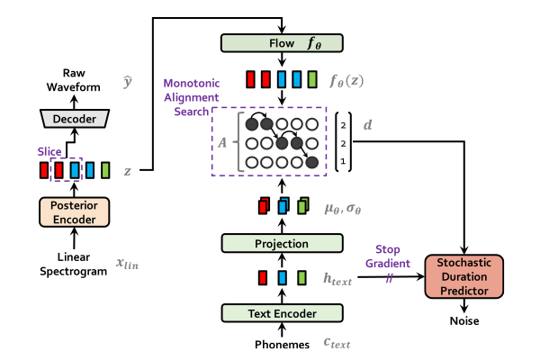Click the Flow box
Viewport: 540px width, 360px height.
282,43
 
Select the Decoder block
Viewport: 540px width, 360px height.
74,119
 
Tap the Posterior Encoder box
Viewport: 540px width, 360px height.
74,211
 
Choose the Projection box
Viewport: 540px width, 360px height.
282,243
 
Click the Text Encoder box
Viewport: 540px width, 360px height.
282,313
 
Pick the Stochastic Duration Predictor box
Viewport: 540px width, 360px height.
463,276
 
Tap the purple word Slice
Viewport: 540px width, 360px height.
49,152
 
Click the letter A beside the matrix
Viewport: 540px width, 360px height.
222,141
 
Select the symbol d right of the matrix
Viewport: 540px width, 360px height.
367,125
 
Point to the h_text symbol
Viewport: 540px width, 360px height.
337,280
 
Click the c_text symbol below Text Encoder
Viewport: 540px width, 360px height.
337,342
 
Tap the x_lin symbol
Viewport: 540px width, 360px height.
127,263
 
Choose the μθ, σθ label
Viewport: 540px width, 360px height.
342,208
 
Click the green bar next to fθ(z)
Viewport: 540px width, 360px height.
312,79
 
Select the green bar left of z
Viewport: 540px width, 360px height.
105,170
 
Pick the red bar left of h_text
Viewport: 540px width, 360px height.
263,278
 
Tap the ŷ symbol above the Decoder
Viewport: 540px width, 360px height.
127,83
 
